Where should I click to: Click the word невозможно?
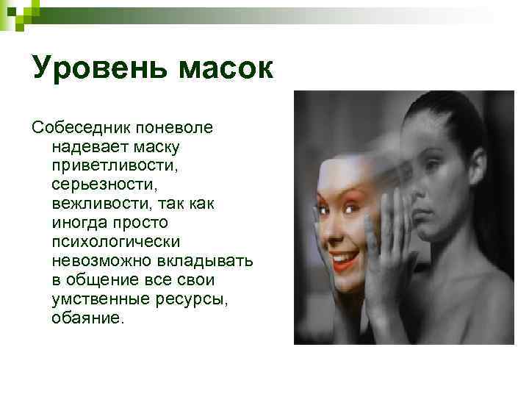coord(95,261)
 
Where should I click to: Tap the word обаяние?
coord(89,318)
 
